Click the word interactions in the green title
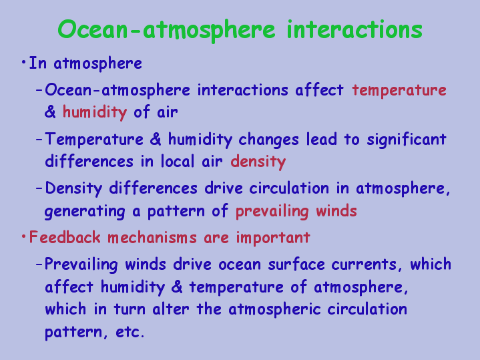pyautogui.click(x=354, y=29)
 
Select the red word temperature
pyautogui.click(x=399, y=91)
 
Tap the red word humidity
pyautogui.click(x=95, y=112)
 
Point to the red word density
pyautogui.click(x=258, y=161)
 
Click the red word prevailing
pyautogui.click(x=272, y=212)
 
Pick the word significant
pyautogui.click(x=407, y=140)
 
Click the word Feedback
pyautogui.click(x=65, y=237)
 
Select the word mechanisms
pyautogui.click(x=152, y=238)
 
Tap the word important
pyautogui.click(x=273, y=238)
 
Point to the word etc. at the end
pyautogui.click(x=130, y=332)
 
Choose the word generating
pyautogui.click(x=85, y=212)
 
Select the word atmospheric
pyautogui.click(x=274, y=309)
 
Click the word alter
pyautogui.click(x=170, y=309)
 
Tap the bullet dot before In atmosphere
pyautogui.click(x=23, y=63)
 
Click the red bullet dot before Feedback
pyautogui.click(x=23, y=236)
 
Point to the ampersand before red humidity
pyautogui.click(x=50, y=112)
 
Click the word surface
pyautogui.click(x=296, y=264)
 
